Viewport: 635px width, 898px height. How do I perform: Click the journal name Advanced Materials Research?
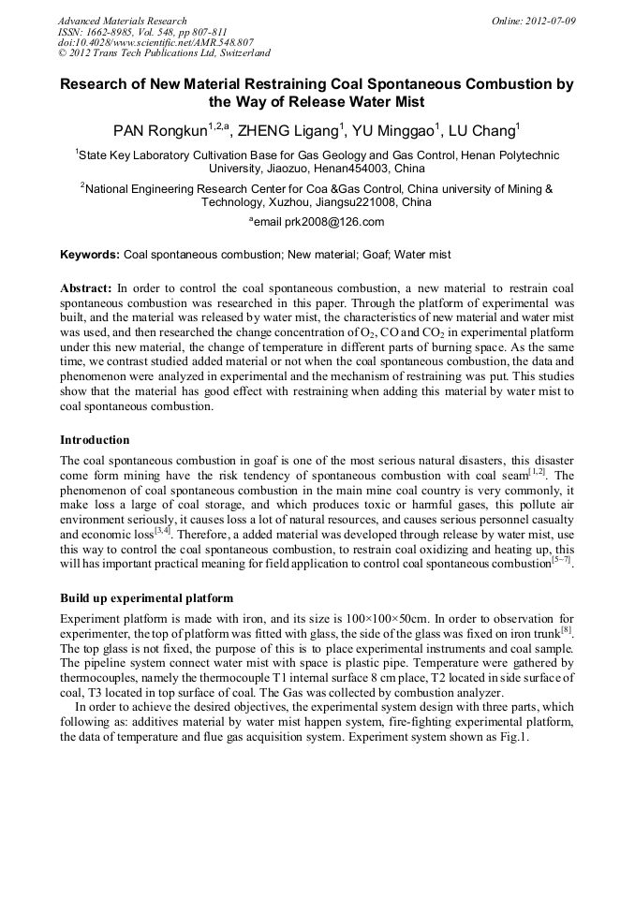tap(123, 21)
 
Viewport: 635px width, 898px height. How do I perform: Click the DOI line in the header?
tap(155, 42)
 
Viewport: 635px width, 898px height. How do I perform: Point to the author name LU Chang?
tap(484, 131)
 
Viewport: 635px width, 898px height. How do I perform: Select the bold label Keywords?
tap(90, 255)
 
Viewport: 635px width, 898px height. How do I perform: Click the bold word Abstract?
tap(86, 288)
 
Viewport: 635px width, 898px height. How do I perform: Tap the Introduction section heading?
tap(95, 439)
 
